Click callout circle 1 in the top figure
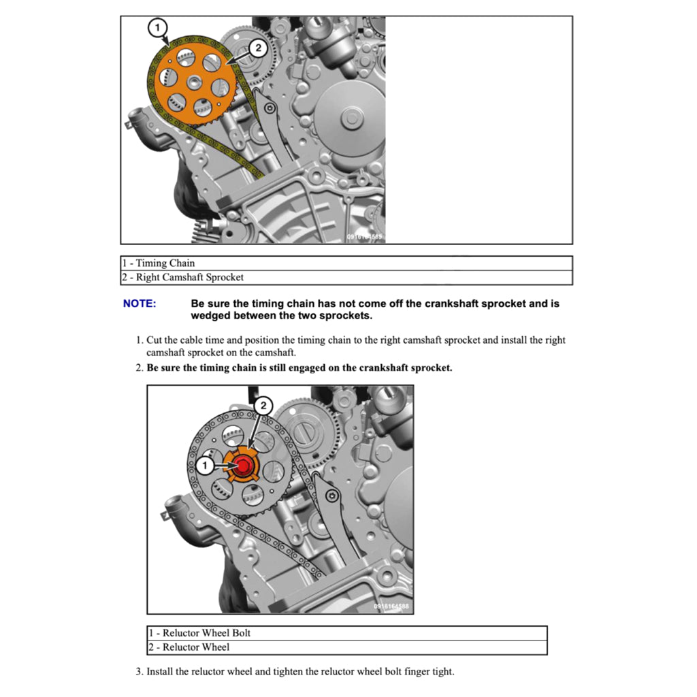click(157, 28)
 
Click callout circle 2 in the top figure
click(257, 48)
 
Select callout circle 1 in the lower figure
click(204, 466)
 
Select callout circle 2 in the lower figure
click(263, 406)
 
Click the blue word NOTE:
click(140, 304)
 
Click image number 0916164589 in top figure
click(365, 237)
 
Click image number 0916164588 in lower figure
click(392, 606)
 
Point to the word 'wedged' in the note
click(211, 316)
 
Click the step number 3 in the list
click(139, 672)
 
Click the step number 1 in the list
click(139, 340)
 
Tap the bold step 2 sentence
click(299, 368)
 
